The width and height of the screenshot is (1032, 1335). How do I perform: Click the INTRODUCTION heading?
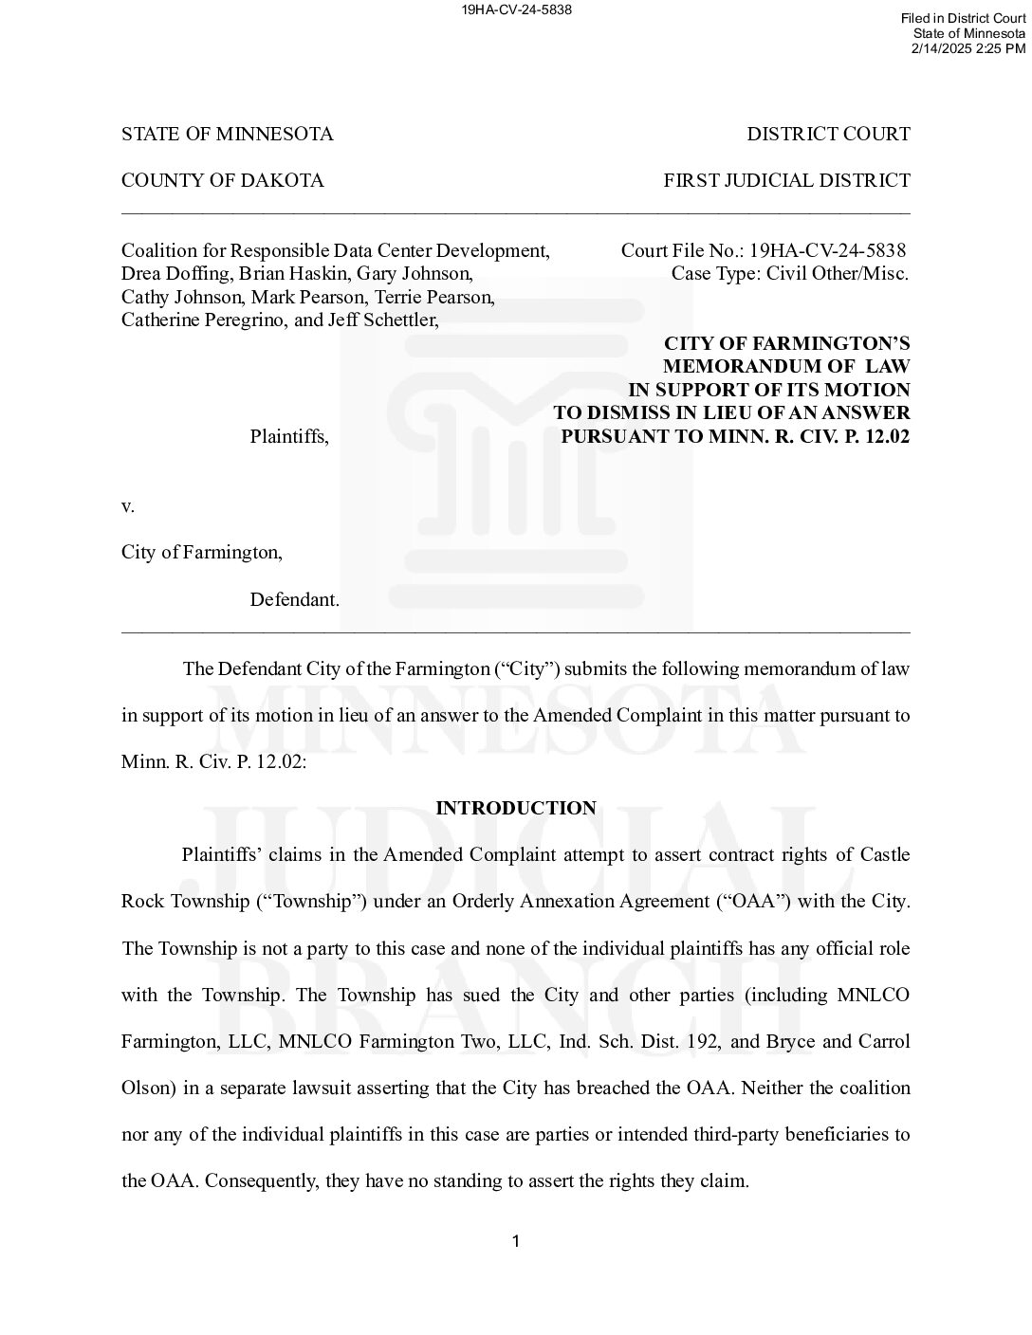click(515, 808)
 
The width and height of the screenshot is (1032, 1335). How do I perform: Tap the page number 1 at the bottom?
click(516, 1241)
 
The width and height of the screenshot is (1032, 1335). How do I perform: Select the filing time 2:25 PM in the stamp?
click(1001, 47)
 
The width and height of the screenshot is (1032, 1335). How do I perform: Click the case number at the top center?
click(516, 9)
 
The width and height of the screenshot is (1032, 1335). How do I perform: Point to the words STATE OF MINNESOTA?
click(227, 134)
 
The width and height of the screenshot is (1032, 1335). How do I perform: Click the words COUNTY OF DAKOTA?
click(222, 180)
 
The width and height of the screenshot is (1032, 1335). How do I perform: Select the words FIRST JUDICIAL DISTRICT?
click(786, 180)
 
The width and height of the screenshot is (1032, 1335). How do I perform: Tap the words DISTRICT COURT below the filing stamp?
click(828, 134)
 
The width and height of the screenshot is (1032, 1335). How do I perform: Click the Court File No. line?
click(763, 250)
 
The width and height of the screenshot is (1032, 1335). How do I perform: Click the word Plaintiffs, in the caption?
click(289, 436)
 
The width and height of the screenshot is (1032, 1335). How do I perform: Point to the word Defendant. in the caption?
click(294, 599)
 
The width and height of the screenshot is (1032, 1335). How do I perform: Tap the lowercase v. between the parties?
click(128, 505)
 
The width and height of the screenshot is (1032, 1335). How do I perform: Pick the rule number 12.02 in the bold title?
click(888, 436)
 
